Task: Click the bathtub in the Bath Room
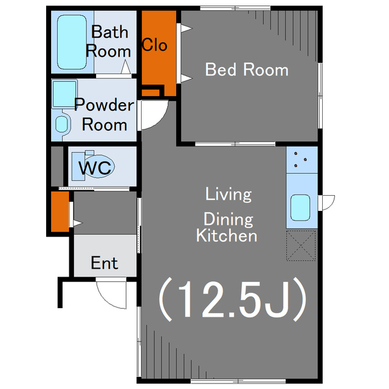click(x=72, y=42)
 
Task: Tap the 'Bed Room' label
click(x=247, y=69)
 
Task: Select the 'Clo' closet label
click(x=154, y=45)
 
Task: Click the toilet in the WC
click(x=93, y=165)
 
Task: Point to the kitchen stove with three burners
click(x=301, y=160)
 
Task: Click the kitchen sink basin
click(x=300, y=208)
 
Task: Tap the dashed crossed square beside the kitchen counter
click(x=301, y=246)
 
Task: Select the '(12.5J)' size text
click(x=233, y=300)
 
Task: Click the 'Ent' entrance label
click(x=104, y=263)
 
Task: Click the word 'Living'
click(x=229, y=194)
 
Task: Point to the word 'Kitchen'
click(x=227, y=235)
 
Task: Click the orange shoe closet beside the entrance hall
click(x=60, y=212)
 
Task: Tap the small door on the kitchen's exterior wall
click(x=327, y=202)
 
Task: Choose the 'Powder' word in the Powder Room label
click(x=104, y=105)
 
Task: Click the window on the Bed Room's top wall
click(x=235, y=8)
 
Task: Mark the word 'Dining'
click(x=229, y=219)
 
